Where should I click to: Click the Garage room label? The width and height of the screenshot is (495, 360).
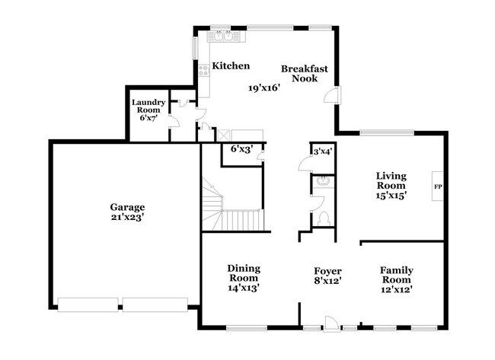click(127, 206)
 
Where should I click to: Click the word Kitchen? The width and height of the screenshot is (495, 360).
click(231, 66)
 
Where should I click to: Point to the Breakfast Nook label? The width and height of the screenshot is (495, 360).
click(305, 74)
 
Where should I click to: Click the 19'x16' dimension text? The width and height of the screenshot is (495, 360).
click(264, 88)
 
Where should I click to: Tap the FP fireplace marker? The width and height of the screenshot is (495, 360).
click(438, 186)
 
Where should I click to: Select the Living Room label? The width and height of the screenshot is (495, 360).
click(391, 180)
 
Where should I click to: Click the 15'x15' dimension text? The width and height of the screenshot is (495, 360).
click(391, 195)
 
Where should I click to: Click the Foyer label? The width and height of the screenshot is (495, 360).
click(328, 271)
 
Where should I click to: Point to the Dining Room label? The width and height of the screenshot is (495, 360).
click(244, 273)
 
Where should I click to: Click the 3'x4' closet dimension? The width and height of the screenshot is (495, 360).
click(323, 152)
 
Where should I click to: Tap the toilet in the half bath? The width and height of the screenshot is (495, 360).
click(324, 218)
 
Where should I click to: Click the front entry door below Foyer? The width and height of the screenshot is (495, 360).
click(331, 324)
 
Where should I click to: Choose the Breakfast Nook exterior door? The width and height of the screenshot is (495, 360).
click(333, 95)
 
